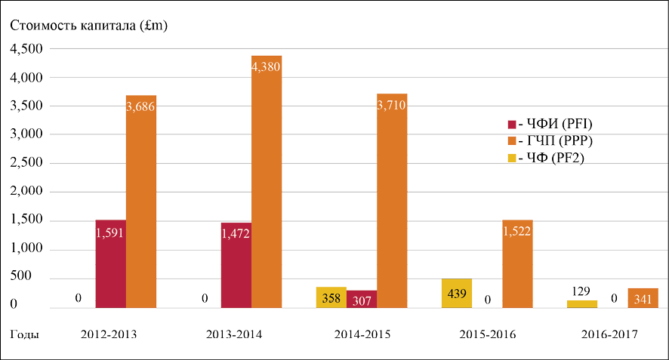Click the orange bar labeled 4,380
pyautogui.click(x=267, y=181)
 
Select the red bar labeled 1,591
pyautogui.click(x=110, y=264)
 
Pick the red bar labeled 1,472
pyautogui.click(x=236, y=266)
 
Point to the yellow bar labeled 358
pyautogui.click(x=331, y=297)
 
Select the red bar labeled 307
pyautogui.click(x=362, y=299)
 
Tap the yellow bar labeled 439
pyautogui.click(x=456, y=294)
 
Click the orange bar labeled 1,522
pyautogui.click(x=517, y=264)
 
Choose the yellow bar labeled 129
pyautogui.click(x=581, y=303)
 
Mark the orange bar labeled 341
pyautogui.click(x=643, y=298)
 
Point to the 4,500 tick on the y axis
pyautogui.click(x=24, y=49)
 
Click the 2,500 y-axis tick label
pyautogui.click(x=24, y=164)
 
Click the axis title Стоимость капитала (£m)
pyautogui.click(x=89, y=26)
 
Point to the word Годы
pyautogui.click(x=25, y=334)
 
